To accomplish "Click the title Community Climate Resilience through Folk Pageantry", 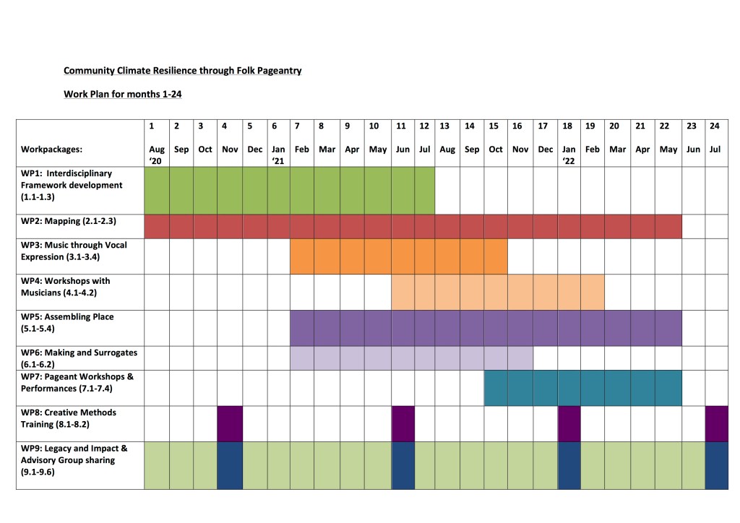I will pyautogui.click(x=182, y=71).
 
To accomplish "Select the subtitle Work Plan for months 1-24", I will pyautogui.click(x=122, y=94).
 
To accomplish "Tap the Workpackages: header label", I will pyautogui.click(x=51, y=150).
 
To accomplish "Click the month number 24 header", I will pyautogui.click(x=714, y=126).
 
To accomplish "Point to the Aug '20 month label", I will pyautogui.click(x=157, y=155).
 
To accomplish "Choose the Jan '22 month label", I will pyautogui.click(x=569, y=155).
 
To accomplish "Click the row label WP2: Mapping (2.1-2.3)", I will pyautogui.click(x=69, y=221).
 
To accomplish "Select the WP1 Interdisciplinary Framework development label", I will pyautogui.click(x=72, y=185).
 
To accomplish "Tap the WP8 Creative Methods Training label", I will pyautogui.click(x=69, y=418).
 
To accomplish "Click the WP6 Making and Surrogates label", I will pyautogui.click(x=79, y=358).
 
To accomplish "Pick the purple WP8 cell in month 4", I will pyautogui.click(x=230, y=424).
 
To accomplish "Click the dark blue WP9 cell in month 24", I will pyautogui.click(x=716, y=466).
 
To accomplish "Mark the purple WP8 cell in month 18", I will pyautogui.click(x=569, y=424).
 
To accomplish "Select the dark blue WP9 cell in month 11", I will pyautogui.click(x=403, y=466).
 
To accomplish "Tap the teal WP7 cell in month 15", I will pyautogui.click(x=495, y=388).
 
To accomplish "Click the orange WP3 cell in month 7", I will pyautogui.click(x=302, y=256).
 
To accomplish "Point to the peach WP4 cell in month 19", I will pyautogui.click(x=592, y=292).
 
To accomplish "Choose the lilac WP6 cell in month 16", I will pyautogui.click(x=520, y=358).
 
